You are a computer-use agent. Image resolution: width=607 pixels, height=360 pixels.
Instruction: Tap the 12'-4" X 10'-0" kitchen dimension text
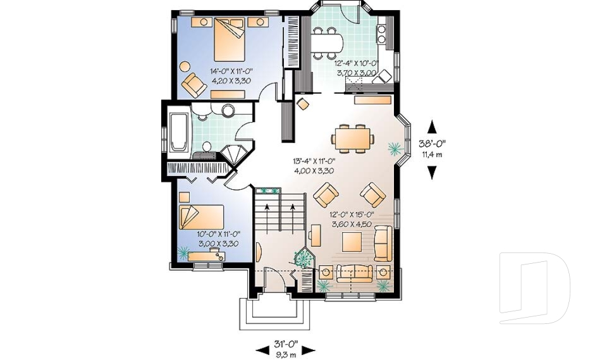tap(355, 63)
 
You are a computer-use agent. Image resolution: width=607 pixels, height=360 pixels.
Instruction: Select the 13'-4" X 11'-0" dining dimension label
tap(314, 161)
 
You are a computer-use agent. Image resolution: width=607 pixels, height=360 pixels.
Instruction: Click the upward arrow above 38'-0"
tap(432, 125)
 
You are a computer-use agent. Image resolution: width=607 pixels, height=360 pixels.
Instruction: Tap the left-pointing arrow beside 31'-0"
tap(261, 349)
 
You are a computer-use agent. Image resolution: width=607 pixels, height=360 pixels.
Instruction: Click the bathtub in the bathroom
tap(178, 131)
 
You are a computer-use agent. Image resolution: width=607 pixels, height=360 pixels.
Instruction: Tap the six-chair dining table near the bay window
tap(352, 137)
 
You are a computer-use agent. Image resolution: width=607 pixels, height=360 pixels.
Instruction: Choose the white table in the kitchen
tap(328, 42)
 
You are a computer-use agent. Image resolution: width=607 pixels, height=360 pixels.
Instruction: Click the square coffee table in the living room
tap(352, 241)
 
